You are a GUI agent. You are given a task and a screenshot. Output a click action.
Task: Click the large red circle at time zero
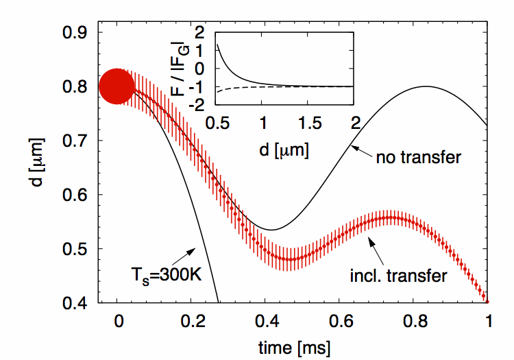(x=117, y=87)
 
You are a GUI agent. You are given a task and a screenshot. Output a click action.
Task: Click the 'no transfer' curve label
(x=418, y=158)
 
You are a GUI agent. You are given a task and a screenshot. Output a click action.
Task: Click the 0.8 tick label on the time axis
(x=411, y=320)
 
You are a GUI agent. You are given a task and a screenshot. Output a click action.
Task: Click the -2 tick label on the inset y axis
(x=199, y=105)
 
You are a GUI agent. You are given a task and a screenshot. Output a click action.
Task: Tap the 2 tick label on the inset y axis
(x=200, y=33)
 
